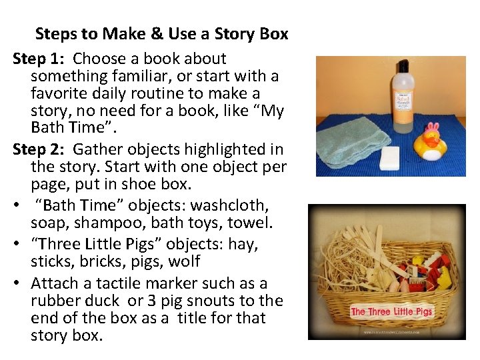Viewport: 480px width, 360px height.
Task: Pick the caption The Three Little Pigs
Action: click(392, 311)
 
